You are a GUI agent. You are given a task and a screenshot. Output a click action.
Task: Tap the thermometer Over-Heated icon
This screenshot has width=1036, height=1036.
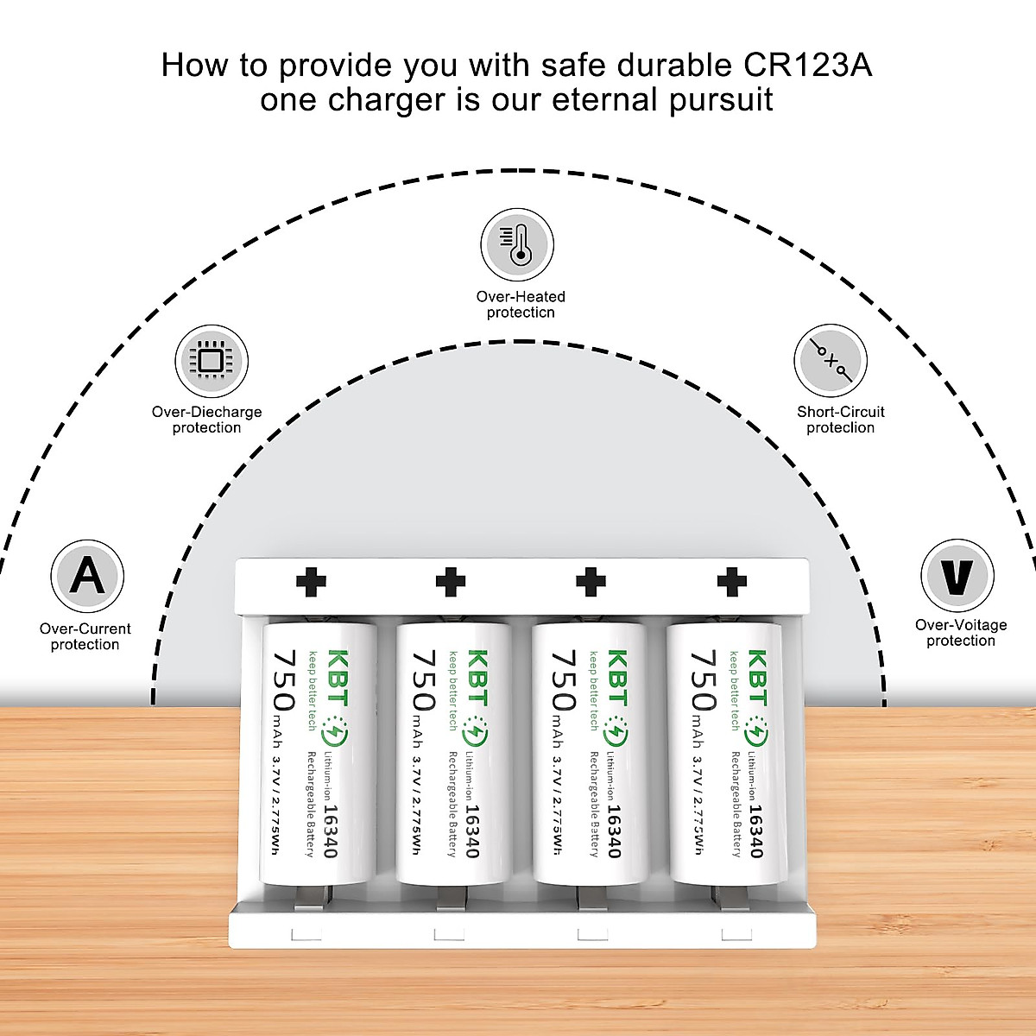point(517,243)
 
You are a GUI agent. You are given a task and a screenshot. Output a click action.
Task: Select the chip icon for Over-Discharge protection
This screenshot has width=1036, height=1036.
point(212,361)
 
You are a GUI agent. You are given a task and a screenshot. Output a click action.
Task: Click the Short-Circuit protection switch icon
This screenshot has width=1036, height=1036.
point(831,361)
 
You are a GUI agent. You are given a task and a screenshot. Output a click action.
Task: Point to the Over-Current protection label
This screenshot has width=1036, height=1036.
point(85,636)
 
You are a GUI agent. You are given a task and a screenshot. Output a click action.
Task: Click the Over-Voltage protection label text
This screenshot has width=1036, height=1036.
point(961,633)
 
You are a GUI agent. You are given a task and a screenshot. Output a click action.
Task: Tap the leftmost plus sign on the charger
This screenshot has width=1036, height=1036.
point(311,583)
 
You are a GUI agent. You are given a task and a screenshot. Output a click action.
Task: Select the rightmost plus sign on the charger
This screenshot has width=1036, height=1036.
point(731,583)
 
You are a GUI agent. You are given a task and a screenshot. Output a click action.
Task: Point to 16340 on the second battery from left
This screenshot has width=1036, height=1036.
point(471,831)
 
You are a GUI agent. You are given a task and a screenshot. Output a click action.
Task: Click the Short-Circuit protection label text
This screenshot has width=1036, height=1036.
point(840,420)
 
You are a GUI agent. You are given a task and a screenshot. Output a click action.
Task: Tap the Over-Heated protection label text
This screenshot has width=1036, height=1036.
point(521,304)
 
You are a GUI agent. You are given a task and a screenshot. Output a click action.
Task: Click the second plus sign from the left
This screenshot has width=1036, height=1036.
point(451,583)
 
